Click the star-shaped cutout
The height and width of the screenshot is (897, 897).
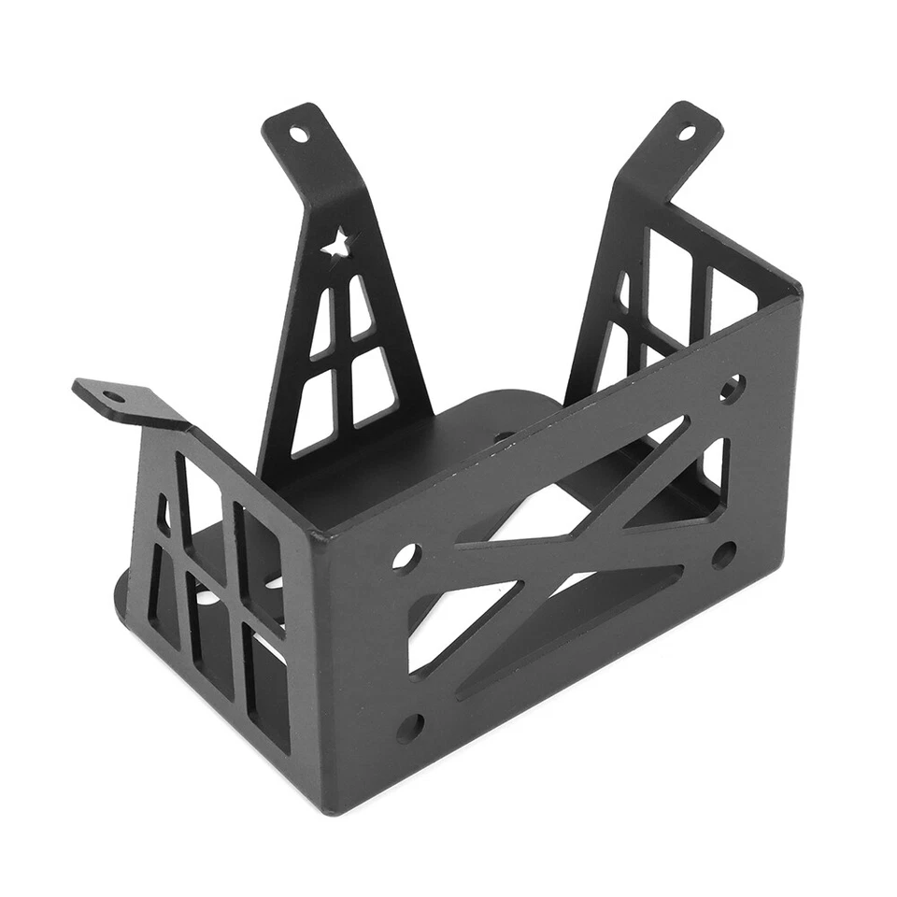336,246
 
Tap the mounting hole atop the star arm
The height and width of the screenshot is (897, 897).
298,134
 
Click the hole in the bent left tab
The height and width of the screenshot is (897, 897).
113,396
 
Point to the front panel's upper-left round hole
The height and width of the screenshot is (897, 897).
406,558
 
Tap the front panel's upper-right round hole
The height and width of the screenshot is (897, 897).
732,387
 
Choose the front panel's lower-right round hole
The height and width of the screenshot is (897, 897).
723,555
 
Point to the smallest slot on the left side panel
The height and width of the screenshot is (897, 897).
163,515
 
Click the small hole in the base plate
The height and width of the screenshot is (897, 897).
502,436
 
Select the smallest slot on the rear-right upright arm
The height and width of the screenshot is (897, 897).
623,290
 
